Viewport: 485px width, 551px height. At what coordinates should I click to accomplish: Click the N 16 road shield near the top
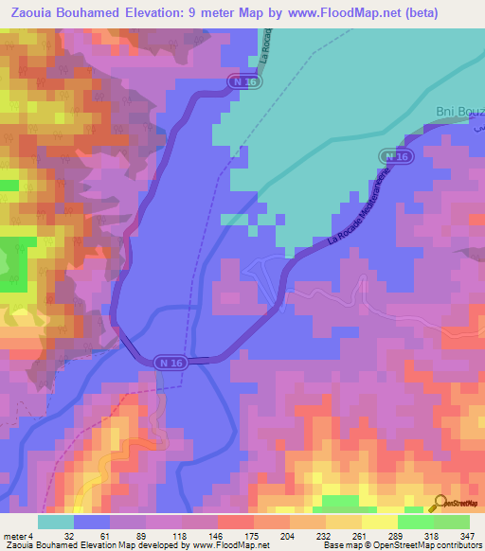click(x=245, y=83)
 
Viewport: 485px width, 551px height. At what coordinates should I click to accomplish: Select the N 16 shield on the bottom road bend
click(x=171, y=362)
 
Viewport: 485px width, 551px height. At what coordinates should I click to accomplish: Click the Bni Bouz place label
click(x=458, y=113)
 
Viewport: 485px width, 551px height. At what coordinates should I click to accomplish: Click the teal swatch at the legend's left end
click(x=56, y=522)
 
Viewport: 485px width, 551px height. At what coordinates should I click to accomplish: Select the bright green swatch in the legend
click(x=415, y=522)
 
